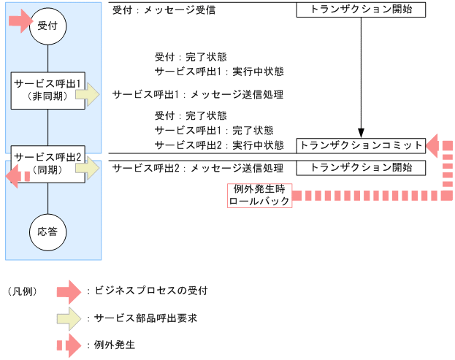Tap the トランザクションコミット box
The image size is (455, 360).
pos(361,145)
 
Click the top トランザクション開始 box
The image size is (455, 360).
pos(361,10)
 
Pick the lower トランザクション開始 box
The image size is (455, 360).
pos(361,167)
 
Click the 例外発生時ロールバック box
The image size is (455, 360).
pos(259,195)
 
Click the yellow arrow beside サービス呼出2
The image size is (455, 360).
pos(89,168)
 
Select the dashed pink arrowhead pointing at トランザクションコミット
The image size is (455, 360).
pos(433,145)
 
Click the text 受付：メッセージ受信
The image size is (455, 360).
pos(164,11)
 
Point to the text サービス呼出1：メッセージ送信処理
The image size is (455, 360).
pos(197,95)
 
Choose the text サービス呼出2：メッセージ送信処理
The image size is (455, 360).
pos(197,169)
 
